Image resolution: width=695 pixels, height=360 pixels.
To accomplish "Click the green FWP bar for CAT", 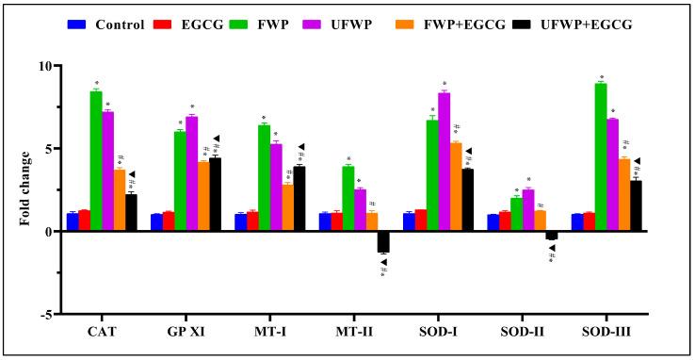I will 96,160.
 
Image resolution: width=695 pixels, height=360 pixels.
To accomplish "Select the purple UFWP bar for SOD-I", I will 444,161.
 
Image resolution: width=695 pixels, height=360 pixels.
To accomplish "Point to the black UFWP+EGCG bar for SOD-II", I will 552,235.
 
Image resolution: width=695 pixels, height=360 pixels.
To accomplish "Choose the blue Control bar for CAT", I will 73,221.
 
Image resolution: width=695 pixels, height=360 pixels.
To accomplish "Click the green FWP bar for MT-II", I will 347,198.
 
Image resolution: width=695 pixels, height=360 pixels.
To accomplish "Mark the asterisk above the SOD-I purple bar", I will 444,85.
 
